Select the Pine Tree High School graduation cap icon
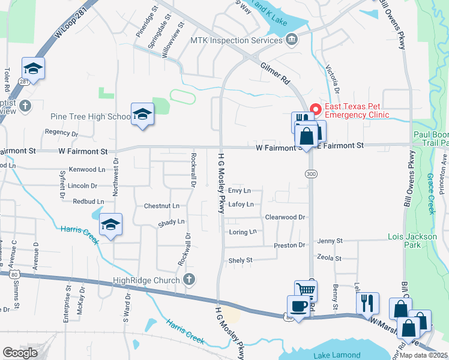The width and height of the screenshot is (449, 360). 142,113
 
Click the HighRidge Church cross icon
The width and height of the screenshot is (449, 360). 189,279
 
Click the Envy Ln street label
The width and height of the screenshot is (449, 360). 240,190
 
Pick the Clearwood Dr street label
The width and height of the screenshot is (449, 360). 285,217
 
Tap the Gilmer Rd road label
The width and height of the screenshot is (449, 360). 275,73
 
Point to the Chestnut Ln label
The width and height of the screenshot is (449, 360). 161,206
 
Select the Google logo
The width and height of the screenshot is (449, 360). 20,353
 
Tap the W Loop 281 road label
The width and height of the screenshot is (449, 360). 67,25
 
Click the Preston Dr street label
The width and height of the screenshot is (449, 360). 289,245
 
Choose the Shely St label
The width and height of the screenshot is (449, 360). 241,260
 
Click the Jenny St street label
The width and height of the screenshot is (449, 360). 330,241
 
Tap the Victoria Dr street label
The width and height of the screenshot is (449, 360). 332,80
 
